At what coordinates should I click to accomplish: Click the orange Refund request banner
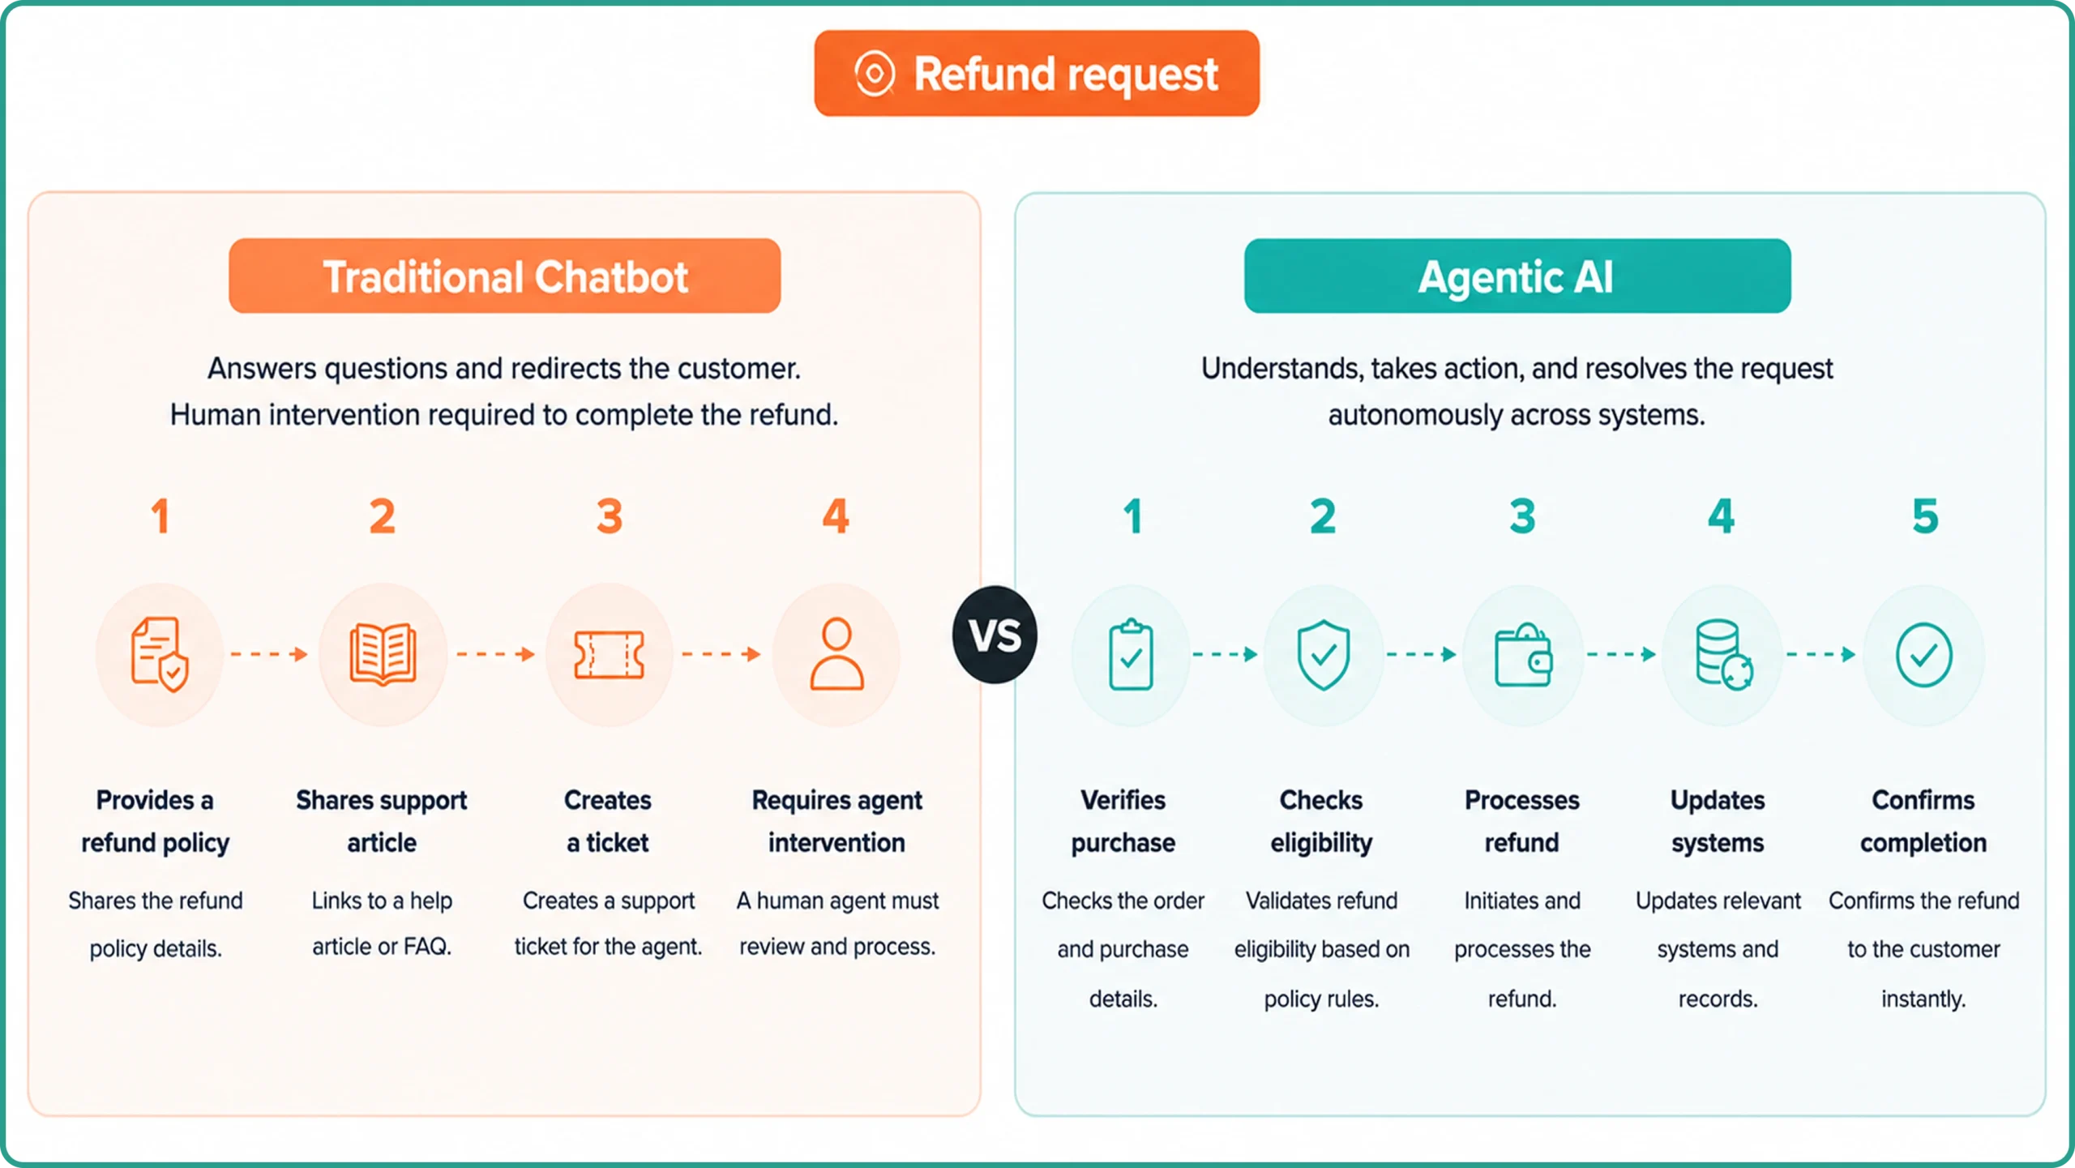(x=1037, y=74)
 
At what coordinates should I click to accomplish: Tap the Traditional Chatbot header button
(x=504, y=276)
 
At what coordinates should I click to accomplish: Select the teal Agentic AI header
(x=1517, y=276)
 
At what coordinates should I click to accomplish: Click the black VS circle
(x=995, y=635)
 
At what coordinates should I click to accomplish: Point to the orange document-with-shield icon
(x=160, y=654)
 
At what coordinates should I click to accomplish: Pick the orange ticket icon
(x=609, y=655)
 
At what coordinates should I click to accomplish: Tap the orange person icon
(x=836, y=654)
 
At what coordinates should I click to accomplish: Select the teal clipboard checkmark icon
(x=1131, y=655)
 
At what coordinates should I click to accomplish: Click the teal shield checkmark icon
(x=1323, y=655)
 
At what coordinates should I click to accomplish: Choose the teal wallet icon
(x=1523, y=655)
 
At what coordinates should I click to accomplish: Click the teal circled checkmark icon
(x=1923, y=655)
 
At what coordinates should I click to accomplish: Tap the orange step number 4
(x=836, y=516)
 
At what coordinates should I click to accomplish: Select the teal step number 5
(x=1925, y=516)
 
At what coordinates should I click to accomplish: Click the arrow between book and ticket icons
(x=496, y=654)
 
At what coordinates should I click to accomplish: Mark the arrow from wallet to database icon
(x=1621, y=654)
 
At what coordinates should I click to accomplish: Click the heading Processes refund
(x=1521, y=821)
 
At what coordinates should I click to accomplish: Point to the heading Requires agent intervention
(x=836, y=821)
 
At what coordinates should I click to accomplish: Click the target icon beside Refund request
(x=875, y=74)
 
